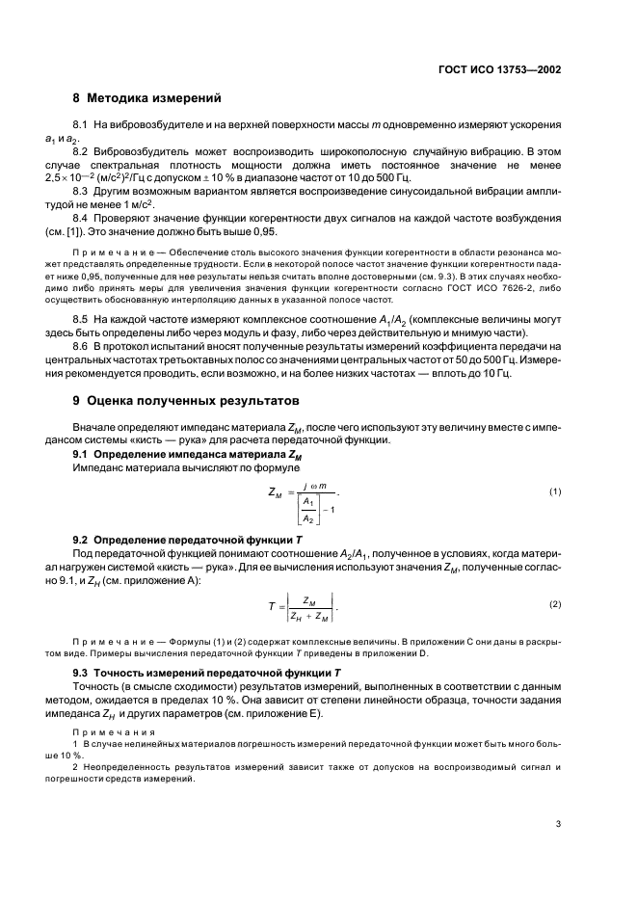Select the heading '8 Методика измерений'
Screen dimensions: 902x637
coord(147,97)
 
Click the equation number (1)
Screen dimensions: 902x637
coord(555,492)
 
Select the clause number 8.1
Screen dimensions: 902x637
coord(80,126)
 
